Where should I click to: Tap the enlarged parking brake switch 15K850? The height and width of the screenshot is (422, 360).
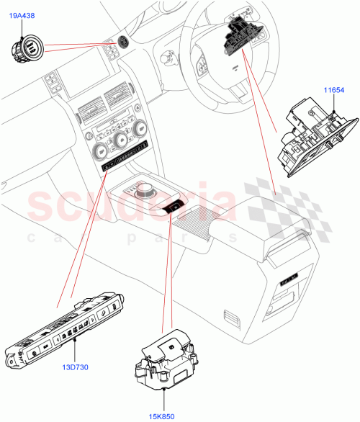[x=166, y=361]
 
